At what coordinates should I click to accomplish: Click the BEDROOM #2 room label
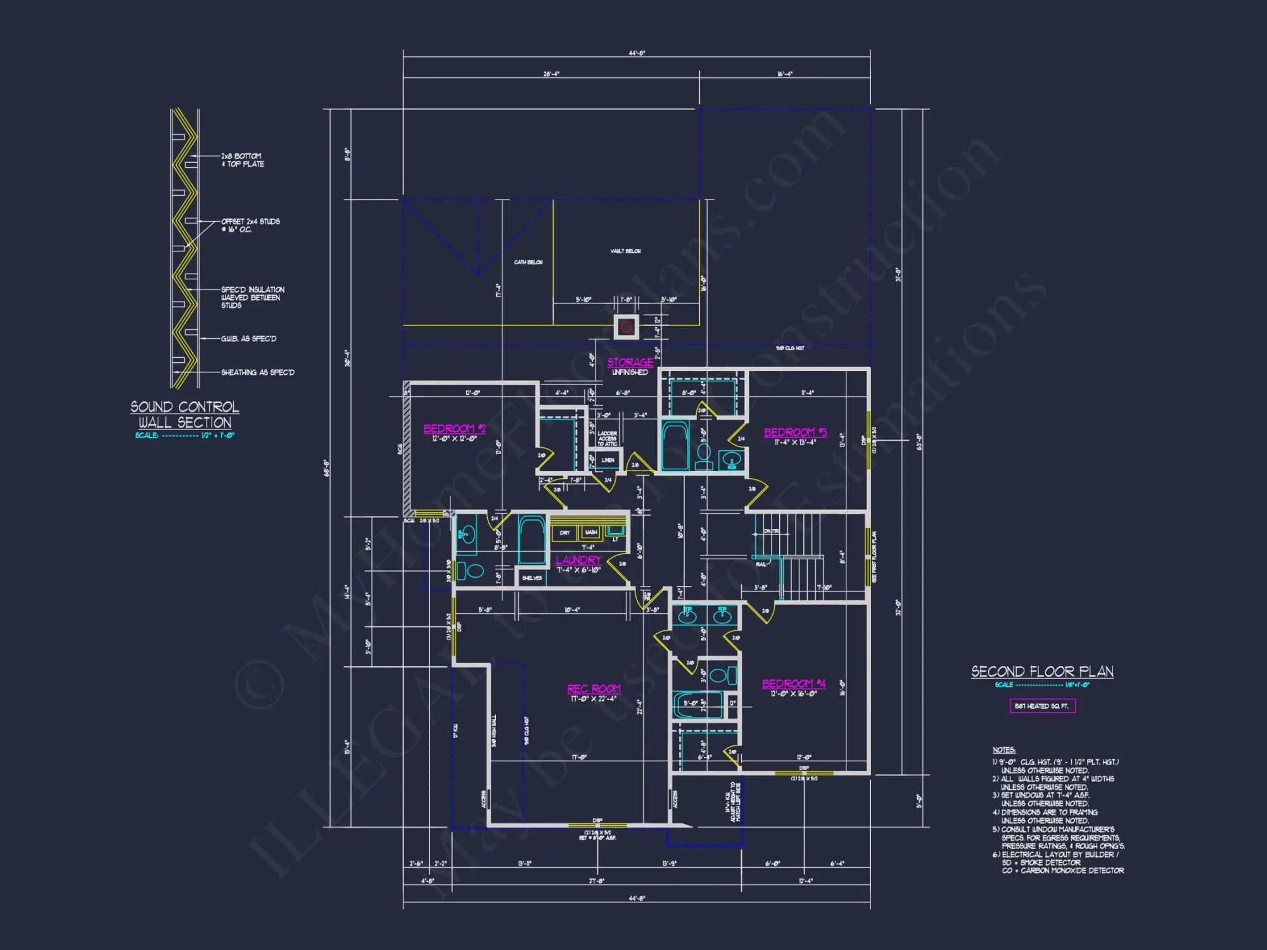[x=454, y=429]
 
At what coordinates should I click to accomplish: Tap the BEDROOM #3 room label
[x=795, y=433]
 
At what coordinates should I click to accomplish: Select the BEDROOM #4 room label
[x=793, y=684]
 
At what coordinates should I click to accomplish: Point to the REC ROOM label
[x=594, y=689]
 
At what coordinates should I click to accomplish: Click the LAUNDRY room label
[x=578, y=560]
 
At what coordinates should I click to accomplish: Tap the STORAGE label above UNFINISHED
[x=630, y=362]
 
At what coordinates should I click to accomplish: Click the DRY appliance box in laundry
[x=564, y=533]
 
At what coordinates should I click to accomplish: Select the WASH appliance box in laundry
[x=591, y=533]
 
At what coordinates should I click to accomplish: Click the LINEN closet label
[x=608, y=460]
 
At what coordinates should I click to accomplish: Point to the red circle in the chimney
[x=627, y=327]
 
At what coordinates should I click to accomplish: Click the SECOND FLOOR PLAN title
[x=1042, y=672]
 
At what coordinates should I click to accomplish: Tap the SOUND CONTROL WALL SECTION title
[x=185, y=415]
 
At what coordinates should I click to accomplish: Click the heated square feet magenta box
[x=1042, y=706]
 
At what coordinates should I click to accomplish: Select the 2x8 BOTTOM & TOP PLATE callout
[x=242, y=160]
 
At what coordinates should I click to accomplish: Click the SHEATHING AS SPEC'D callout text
[x=257, y=372]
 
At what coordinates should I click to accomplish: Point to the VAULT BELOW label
[x=625, y=251]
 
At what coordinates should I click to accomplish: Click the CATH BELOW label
[x=528, y=262]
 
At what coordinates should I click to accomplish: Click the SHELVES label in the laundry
[x=532, y=578]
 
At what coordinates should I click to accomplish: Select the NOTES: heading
[x=1003, y=750]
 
